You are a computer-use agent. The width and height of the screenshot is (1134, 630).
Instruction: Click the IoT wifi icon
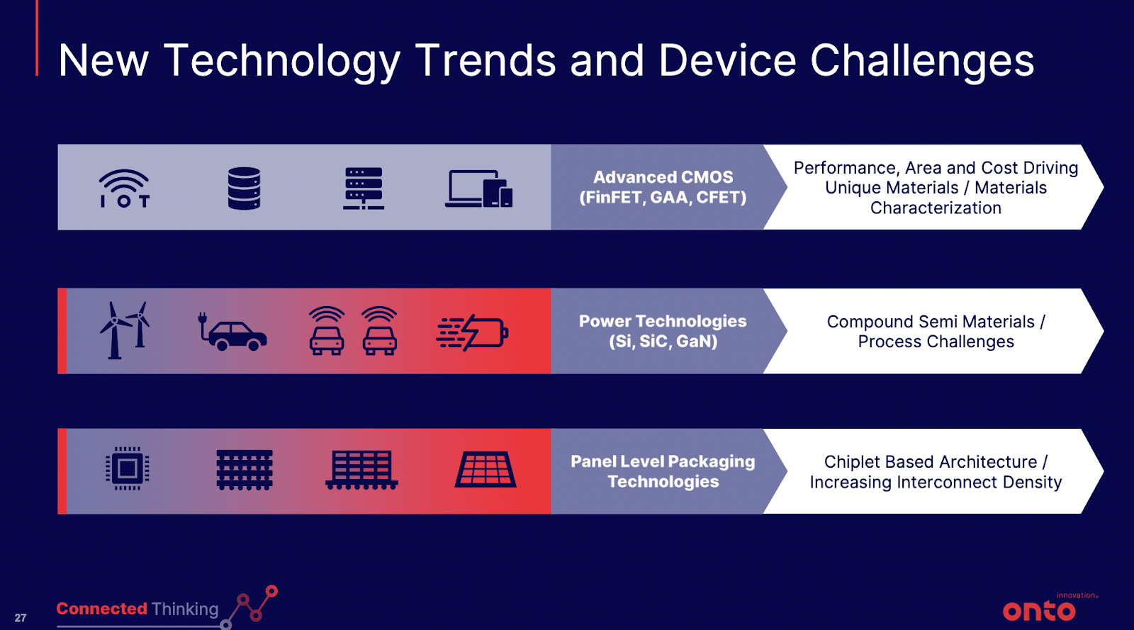click(x=124, y=189)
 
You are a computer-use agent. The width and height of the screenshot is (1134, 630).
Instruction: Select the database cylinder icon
click(x=244, y=189)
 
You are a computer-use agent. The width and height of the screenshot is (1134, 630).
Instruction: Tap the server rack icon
click(x=364, y=189)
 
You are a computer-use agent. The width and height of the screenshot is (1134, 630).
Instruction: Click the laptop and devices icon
click(x=479, y=189)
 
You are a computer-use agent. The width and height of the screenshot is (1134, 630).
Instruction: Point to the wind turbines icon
click(x=125, y=330)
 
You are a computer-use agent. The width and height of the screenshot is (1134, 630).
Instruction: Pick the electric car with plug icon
click(x=232, y=332)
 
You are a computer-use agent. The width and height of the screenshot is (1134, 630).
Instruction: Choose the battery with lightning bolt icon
click(x=472, y=332)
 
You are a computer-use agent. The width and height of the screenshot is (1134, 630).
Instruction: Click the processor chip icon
click(x=127, y=468)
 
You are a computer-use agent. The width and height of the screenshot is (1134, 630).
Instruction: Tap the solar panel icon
click(x=485, y=470)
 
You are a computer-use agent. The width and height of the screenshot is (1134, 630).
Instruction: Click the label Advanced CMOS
click(x=663, y=177)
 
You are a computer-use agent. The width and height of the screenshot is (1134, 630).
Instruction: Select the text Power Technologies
click(x=663, y=321)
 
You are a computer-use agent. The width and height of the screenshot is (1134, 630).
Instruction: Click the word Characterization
click(x=936, y=208)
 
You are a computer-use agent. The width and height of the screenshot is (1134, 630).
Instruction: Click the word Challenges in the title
click(x=922, y=61)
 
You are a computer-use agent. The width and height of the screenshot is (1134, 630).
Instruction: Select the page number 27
click(x=21, y=618)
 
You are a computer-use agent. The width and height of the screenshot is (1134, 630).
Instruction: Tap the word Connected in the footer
click(x=102, y=609)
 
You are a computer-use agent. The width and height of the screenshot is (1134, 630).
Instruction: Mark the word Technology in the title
click(x=282, y=62)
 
